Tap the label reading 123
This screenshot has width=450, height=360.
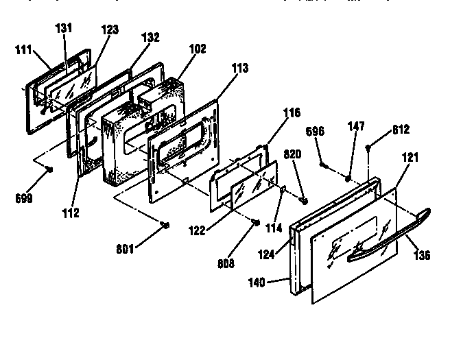[109, 29]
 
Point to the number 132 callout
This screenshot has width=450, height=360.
[150, 37]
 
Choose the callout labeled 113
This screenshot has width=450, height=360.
[240, 68]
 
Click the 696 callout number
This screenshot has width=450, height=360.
[314, 131]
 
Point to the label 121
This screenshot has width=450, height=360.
[410, 157]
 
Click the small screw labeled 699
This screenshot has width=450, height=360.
[49, 170]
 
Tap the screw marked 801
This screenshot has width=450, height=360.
[164, 225]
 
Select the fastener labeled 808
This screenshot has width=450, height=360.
[255, 221]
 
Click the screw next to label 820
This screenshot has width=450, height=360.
[303, 201]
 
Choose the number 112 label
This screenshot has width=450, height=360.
[70, 213]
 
